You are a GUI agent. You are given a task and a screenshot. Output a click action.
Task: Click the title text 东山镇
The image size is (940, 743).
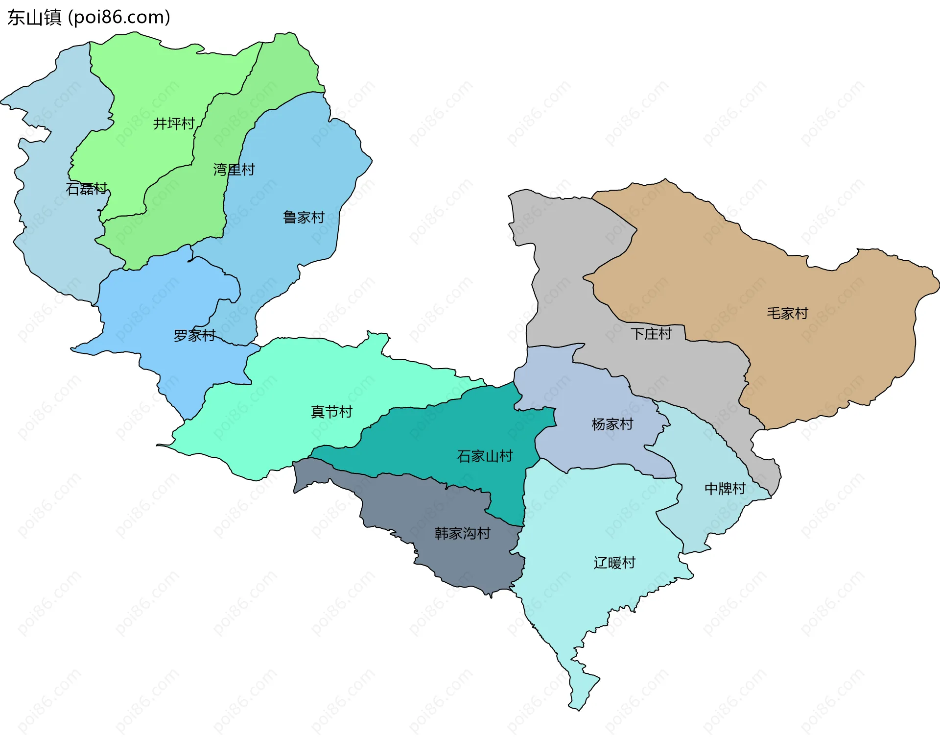click(x=34, y=18)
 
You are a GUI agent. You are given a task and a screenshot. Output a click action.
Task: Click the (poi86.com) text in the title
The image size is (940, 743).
click(x=119, y=18)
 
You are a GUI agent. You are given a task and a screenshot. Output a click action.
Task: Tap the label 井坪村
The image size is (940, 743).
click(x=174, y=124)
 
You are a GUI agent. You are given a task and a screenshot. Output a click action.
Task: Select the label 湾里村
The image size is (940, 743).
click(x=234, y=170)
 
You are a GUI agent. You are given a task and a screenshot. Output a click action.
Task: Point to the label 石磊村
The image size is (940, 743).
click(x=87, y=189)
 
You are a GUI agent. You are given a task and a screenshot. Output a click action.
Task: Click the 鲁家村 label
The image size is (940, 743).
click(x=304, y=217)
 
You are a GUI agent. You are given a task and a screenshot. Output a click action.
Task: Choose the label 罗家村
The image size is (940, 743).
click(x=194, y=336)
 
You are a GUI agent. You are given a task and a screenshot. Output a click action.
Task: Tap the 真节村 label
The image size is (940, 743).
click(x=331, y=412)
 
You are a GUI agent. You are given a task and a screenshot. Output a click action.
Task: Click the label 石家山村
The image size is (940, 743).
click(x=484, y=456)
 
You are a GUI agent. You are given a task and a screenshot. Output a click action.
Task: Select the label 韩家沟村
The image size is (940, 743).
click(x=462, y=533)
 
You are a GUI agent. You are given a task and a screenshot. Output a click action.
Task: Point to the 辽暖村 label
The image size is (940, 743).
click(x=614, y=563)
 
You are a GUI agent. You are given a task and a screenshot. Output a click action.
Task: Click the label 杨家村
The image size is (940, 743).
click(x=612, y=424)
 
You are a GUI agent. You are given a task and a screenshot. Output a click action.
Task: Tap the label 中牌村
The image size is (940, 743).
click(x=725, y=489)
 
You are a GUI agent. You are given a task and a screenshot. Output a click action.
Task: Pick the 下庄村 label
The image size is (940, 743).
click(x=651, y=334)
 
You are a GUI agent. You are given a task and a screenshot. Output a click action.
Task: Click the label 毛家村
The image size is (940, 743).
click(x=787, y=313)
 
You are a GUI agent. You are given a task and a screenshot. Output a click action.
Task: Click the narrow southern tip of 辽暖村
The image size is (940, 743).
click(x=580, y=686)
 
